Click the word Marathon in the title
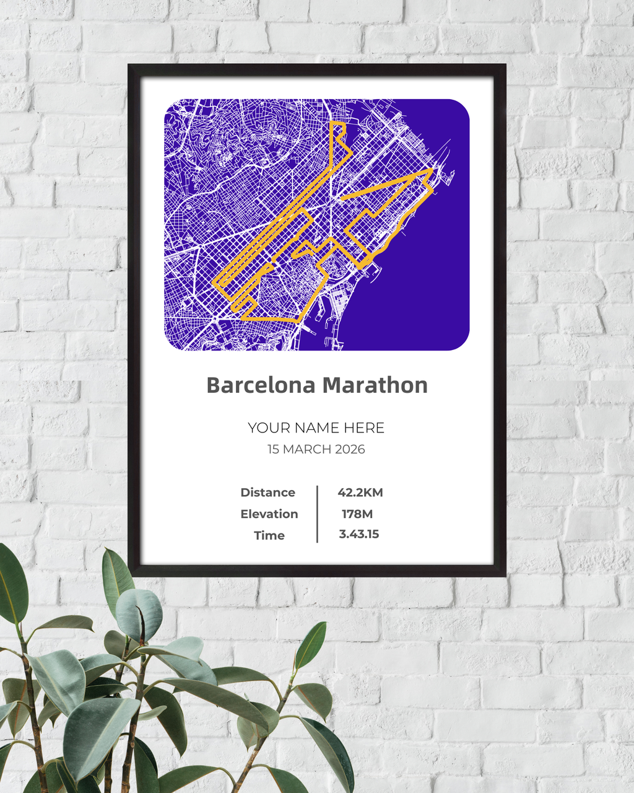pos(375,385)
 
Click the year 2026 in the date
pos(350,449)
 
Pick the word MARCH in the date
pos(308,449)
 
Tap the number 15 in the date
pos(274,449)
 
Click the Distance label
pos(267,493)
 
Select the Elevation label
pos(269,514)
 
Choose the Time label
pos(269,535)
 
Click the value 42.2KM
pos(360,493)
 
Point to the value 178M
pos(357,514)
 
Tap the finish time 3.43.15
pos(359,534)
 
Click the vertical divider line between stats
pos(317,514)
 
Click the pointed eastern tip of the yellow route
pos(431,169)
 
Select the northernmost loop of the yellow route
pos(338,133)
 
